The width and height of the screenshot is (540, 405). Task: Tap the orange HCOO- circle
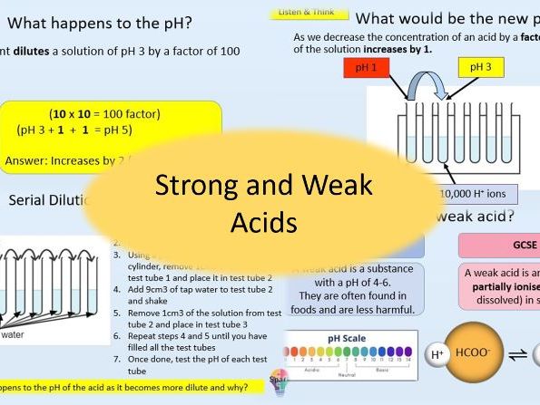[481, 355]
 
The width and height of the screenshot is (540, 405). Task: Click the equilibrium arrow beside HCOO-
[523, 355]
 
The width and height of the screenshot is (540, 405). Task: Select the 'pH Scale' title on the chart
[350, 339]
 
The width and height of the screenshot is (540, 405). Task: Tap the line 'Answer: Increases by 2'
[73, 161]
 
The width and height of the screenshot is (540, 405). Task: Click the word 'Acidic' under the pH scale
[312, 371]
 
